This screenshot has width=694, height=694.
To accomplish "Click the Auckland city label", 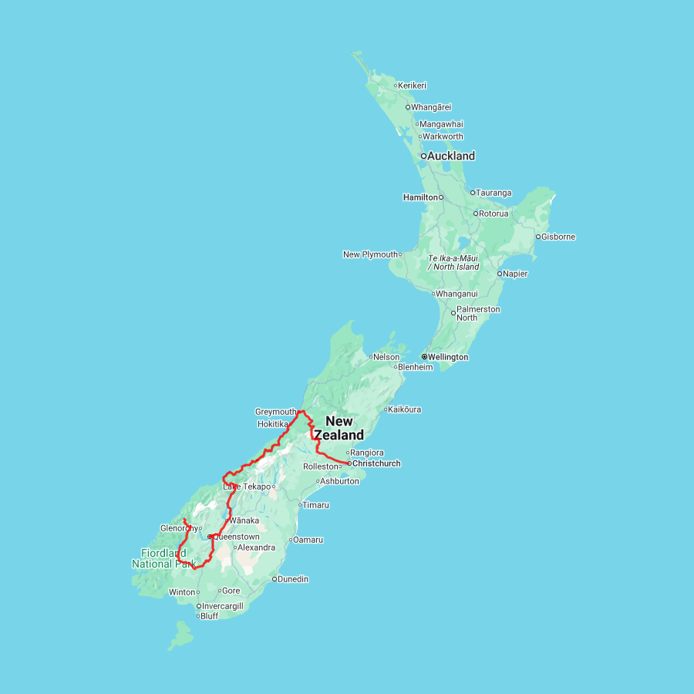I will tap(452, 156).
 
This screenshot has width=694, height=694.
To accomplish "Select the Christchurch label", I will tap(376, 463).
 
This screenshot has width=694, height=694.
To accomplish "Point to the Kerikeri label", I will tap(413, 86).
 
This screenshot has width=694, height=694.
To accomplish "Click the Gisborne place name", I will tap(558, 237).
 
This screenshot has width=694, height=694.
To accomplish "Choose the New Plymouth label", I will tap(370, 254).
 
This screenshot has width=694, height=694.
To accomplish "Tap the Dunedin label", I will tap(294, 578).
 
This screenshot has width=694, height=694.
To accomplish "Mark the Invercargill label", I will tap(223, 606).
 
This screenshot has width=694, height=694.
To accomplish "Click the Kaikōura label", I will tap(405, 409).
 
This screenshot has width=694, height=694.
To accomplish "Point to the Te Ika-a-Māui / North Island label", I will tap(453, 262).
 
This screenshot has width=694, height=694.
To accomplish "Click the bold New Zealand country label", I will tap(339, 428).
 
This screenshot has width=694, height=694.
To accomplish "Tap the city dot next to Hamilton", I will tap(441, 197).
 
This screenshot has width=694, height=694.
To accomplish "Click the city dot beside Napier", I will tap(500, 274).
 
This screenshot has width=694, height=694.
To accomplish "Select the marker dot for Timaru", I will tap(299, 505).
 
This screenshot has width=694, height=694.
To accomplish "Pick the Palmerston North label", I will tap(478, 313).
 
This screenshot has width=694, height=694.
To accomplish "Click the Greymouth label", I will tap(275, 412).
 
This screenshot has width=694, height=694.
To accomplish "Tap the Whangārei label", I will tap(432, 107).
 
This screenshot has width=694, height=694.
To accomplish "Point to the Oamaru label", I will tap(308, 539).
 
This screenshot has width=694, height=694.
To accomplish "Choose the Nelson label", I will tap(387, 357).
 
